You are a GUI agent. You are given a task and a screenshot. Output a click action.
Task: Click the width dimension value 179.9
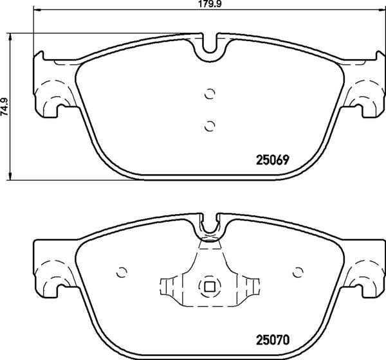(x=209, y=4)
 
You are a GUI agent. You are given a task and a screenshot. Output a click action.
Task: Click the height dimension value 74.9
(x=5, y=106)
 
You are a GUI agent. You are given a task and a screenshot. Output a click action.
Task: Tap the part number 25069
(x=272, y=161)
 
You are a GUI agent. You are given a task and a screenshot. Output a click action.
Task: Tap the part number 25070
(x=273, y=340)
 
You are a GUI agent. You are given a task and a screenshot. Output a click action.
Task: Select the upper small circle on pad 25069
(x=210, y=94)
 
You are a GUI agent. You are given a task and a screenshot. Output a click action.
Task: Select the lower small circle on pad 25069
(x=210, y=126)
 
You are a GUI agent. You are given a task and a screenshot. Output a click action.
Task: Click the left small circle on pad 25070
(x=122, y=273)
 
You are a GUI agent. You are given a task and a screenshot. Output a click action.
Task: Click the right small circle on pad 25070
(x=298, y=272)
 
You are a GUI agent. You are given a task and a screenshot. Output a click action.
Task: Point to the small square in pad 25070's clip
(x=210, y=286)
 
